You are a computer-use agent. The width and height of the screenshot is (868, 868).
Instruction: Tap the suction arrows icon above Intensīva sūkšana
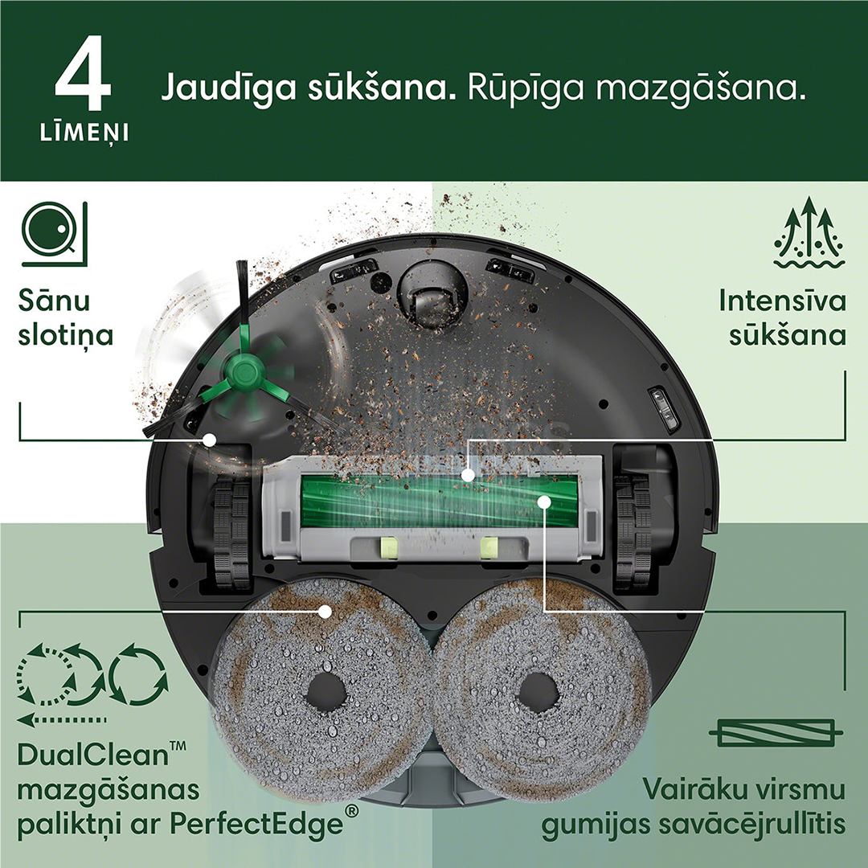click(x=809, y=233)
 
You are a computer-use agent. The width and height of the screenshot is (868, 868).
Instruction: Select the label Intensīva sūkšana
click(x=782, y=317)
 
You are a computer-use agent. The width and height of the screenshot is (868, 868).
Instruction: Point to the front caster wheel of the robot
click(x=432, y=299)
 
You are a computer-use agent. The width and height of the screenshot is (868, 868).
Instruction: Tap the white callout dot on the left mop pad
click(x=325, y=611)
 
